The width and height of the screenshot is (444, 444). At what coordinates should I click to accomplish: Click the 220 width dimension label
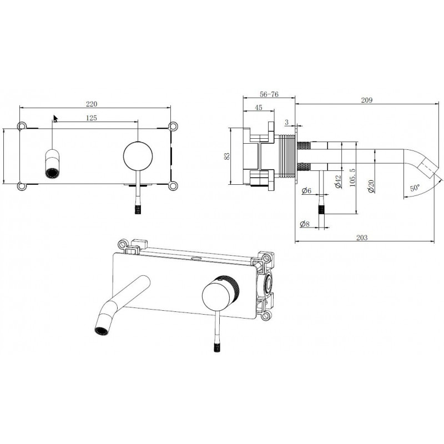[x=92, y=104]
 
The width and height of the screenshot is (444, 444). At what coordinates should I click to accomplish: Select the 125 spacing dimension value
[x=91, y=118]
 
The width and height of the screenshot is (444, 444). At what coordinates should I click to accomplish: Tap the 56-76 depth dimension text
[x=269, y=94]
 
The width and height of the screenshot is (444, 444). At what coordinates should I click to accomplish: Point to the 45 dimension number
[x=259, y=108]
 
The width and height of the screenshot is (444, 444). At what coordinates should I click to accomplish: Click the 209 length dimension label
[x=367, y=100]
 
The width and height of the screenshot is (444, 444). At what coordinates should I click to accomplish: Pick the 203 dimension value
[x=362, y=238]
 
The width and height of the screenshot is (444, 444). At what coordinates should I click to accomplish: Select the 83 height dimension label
[x=227, y=157]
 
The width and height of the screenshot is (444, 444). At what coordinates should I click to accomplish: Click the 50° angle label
[x=415, y=188]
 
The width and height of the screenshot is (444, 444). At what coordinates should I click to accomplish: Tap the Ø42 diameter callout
[x=338, y=181]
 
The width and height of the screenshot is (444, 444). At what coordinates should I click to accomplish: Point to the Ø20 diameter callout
[x=371, y=186]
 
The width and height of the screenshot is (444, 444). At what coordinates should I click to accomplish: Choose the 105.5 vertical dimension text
[x=352, y=178]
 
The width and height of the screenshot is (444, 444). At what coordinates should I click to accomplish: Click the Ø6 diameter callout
[x=306, y=190]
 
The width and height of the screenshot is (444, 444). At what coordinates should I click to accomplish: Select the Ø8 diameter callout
[x=305, y=224]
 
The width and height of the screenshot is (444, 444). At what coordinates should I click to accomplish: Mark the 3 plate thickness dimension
[x=287, y=122]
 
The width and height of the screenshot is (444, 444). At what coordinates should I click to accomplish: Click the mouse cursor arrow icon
[x=56, y=119]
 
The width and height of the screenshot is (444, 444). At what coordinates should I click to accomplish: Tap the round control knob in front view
[x=138, y=156]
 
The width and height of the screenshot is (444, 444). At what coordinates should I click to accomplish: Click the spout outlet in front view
[x=52, y=173]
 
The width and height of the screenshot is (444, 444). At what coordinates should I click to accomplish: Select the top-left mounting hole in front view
[x=22, y=126]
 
